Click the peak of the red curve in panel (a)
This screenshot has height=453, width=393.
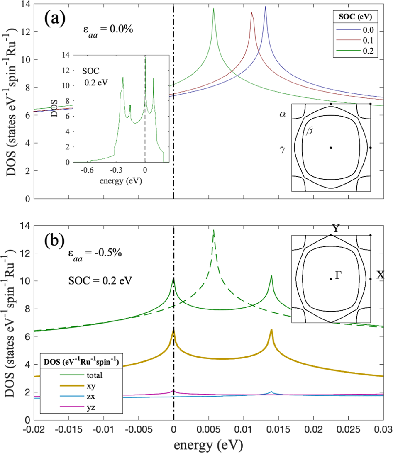pos(251,13)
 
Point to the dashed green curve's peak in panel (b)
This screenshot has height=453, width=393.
pos(213,230)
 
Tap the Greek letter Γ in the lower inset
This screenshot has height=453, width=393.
pos(338,275)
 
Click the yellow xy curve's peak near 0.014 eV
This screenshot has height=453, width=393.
pos(271,330)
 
